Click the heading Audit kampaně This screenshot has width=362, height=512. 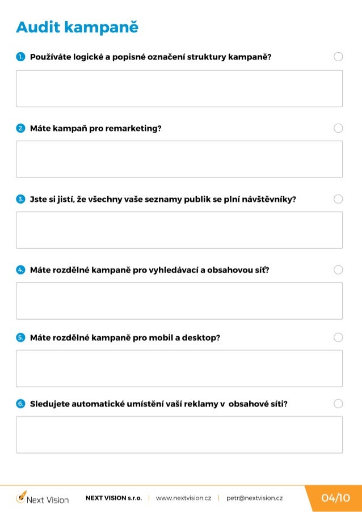77,27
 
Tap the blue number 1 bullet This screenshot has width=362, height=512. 20,57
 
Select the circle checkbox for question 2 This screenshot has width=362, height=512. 338,128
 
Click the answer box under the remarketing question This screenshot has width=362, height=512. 179,159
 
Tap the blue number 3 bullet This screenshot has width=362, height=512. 20,199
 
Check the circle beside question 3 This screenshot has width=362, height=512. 338,199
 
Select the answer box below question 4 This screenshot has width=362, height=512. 179,301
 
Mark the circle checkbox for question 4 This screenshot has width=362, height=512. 338,270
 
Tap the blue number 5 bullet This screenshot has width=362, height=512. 20,337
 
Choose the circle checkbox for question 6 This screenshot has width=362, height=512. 338,404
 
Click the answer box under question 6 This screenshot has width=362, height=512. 179,434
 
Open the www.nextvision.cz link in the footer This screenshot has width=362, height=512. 183,498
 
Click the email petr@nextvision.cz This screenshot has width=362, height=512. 254,498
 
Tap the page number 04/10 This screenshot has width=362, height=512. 335,498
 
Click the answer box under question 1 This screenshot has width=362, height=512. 179,88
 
